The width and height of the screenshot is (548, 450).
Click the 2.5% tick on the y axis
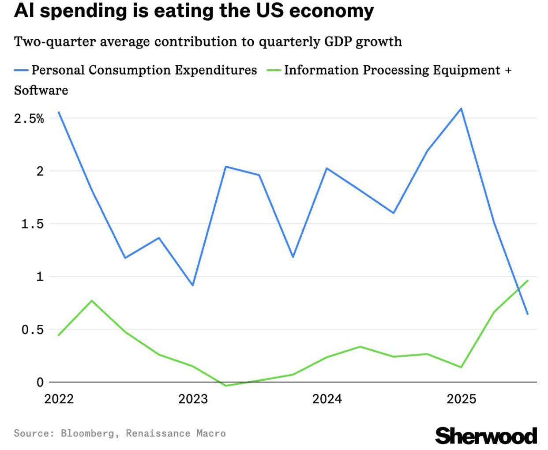pos(29,118)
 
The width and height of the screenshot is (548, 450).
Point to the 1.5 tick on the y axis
pos(33,224)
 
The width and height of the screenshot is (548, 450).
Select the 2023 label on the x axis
pos(193,399)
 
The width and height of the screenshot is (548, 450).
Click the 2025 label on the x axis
pos(461,399)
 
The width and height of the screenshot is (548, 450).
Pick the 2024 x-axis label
pos(327,399)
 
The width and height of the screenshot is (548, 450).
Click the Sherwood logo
pos(486,436)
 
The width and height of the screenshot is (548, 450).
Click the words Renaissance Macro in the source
pos(176,434)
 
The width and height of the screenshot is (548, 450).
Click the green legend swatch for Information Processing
pos(274,70)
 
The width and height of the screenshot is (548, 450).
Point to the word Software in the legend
pos(41,90)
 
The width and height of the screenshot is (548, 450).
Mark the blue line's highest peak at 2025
pos(461,109)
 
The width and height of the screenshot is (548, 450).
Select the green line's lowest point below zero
pos(225,386)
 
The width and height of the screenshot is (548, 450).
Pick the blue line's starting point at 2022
pos(59,112)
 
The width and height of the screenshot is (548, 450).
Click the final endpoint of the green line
pos(527,281)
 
